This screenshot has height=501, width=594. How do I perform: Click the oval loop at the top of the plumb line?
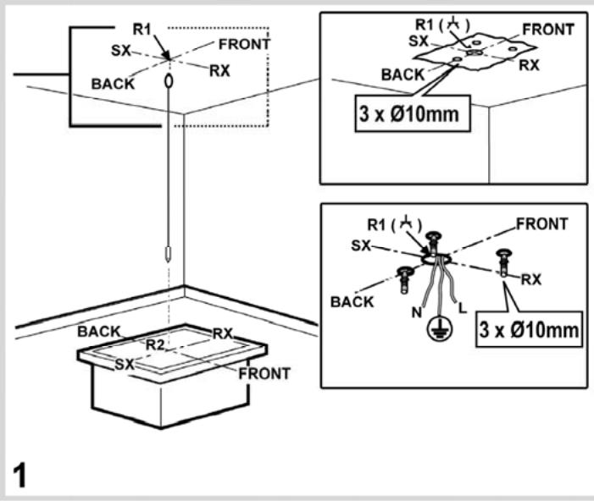click(x=168, y=81)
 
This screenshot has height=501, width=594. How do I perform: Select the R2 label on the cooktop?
click(x=155, y=344)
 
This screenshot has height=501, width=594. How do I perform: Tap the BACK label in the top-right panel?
click(x=402, y=74)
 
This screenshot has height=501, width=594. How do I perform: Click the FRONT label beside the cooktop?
click(x=264, y=372)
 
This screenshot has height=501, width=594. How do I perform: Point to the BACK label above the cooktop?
click(x=99, y=330)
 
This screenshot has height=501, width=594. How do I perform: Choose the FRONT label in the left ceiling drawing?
click(x=244, y=43)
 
